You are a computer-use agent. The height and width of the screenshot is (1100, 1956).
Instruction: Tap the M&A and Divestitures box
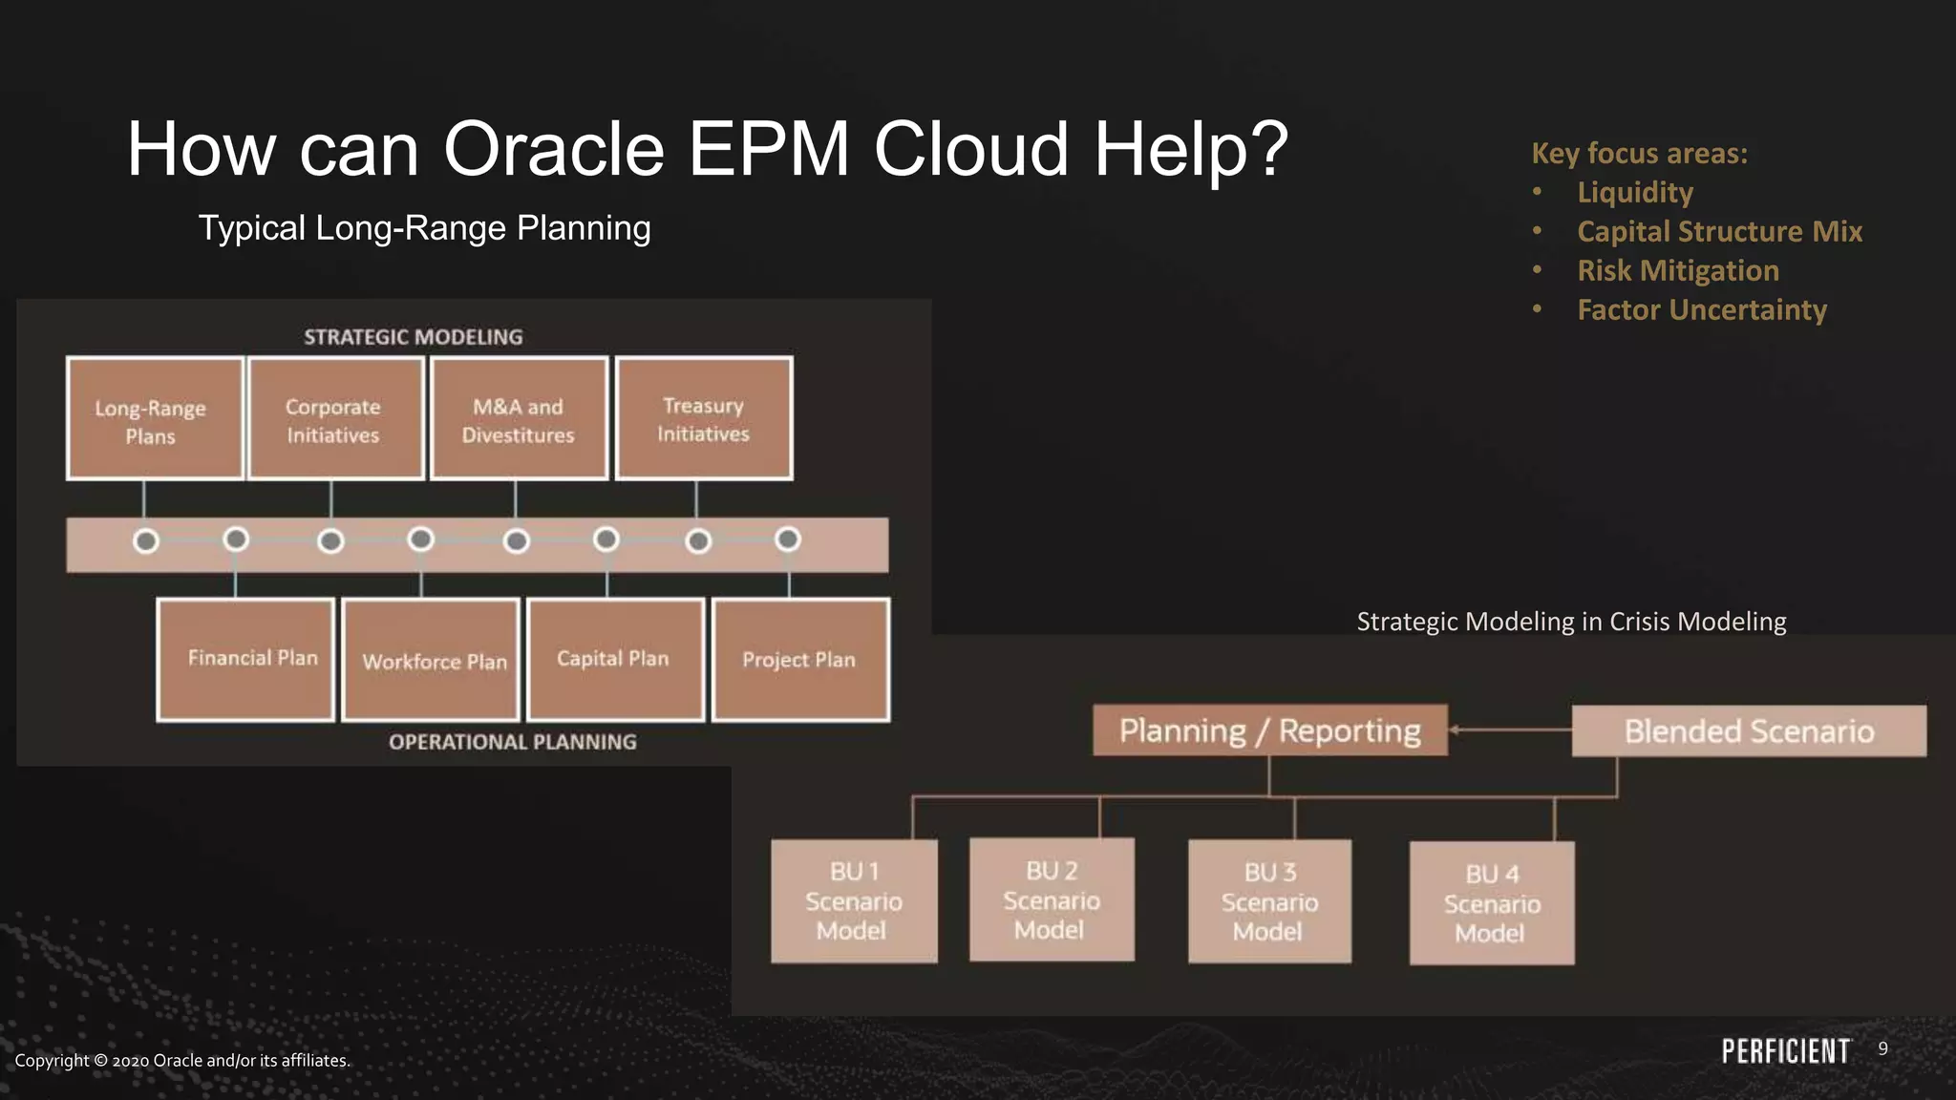519,418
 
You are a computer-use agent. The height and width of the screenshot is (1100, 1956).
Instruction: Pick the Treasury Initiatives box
704,418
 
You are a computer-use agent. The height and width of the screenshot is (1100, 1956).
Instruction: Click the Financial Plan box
245,659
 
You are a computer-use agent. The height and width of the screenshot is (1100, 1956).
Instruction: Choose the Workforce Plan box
431,660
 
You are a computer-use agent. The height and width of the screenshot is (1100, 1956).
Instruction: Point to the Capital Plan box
615,659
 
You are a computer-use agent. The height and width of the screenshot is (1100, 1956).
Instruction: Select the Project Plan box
800,660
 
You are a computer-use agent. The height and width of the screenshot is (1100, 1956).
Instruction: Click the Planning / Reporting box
1269,730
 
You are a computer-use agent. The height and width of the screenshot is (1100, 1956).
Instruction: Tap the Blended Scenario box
1749,731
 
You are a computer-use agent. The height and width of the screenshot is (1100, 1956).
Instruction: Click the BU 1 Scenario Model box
854,901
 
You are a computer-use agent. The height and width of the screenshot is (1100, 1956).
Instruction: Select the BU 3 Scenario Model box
1269,901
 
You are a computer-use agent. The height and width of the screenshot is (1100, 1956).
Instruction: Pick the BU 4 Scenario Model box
1492,903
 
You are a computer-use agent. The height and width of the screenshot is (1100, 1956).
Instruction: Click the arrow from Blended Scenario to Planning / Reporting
1509,730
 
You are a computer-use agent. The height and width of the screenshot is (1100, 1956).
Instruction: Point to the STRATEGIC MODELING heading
413,337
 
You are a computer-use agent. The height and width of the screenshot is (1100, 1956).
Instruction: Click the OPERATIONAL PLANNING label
512,742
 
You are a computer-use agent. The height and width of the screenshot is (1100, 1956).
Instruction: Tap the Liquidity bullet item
1634,193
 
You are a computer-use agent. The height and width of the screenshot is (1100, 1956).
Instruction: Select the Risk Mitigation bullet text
1677,271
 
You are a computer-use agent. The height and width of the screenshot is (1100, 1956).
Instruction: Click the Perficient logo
1785,1051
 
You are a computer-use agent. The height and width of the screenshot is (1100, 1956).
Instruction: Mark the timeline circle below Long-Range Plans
146,541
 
